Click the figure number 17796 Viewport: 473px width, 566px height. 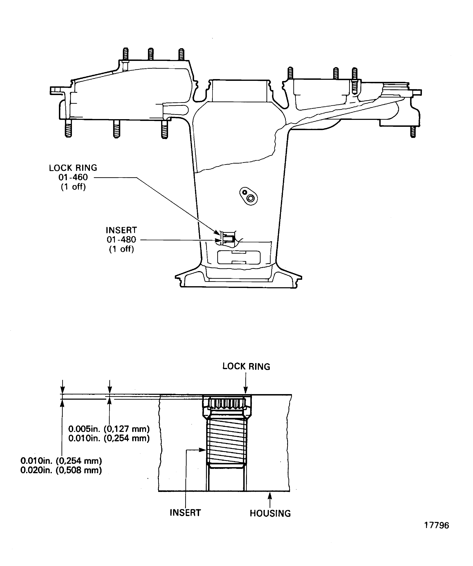[436, 525]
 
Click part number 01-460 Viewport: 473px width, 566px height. [73, 177]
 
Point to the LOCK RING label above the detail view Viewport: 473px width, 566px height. [246, 367]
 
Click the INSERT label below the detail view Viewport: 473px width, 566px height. [185, 512]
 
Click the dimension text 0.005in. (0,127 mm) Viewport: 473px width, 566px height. [109, 429]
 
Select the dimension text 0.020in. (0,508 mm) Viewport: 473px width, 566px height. [61, 470]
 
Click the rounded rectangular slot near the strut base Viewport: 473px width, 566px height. [239, 257]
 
